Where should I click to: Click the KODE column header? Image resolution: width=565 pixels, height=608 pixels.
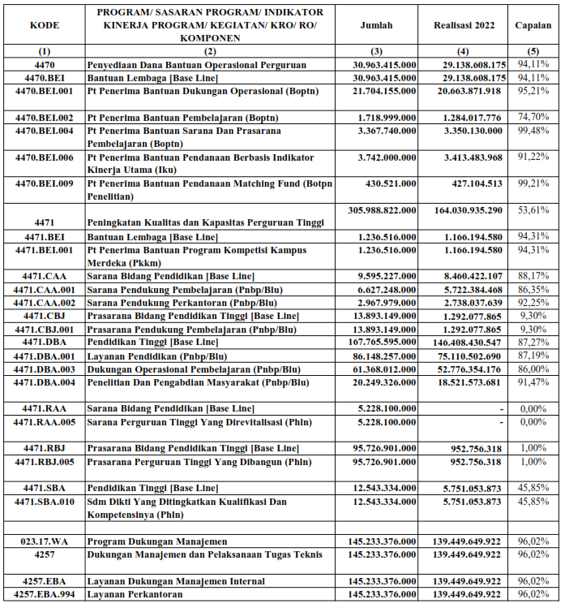point(45,25)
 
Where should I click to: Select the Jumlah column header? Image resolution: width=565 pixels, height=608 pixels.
point(376,25)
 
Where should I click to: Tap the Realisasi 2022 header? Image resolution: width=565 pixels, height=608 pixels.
point(463,25)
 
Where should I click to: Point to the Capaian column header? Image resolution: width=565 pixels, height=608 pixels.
point(533,25)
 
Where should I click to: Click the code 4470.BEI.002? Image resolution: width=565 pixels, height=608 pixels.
point(45,118)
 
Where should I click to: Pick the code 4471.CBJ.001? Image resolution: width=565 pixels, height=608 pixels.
point(45,330)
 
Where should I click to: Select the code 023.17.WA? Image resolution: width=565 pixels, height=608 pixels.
point(45,541)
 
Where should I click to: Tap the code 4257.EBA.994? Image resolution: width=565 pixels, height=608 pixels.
point(45,594)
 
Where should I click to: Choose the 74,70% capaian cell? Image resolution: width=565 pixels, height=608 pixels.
point(533,118)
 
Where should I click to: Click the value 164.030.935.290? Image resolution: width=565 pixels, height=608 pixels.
point(469,209)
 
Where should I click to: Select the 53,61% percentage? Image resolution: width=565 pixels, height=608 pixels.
point(533,209)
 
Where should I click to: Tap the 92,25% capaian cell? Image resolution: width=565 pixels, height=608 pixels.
point(533,302)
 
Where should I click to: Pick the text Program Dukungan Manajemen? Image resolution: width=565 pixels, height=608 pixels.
point(154,541)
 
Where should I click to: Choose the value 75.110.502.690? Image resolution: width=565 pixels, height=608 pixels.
point(469,356)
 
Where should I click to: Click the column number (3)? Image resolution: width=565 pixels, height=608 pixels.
point(376,50)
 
